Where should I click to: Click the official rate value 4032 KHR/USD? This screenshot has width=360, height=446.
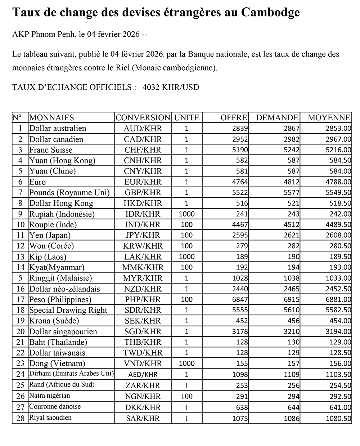[x=171, y=87]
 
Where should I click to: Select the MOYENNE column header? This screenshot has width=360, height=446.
[x=329, y=117]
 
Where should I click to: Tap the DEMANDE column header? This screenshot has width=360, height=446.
[x=277, y=117]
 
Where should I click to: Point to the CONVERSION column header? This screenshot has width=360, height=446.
[x=143, y=117]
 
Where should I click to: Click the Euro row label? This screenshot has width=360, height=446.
[x=37, y=182]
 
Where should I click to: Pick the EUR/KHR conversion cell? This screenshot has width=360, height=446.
[x=143, y=182]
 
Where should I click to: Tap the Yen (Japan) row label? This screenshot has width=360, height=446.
[x=50, y=235]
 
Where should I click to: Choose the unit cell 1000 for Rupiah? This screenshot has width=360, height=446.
[x=186, y=214]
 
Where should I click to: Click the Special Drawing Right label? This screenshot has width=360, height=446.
[x=68, y=310]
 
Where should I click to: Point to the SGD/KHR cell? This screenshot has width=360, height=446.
[x=143, y=331]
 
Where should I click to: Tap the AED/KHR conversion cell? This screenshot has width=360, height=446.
[x=143, y=374]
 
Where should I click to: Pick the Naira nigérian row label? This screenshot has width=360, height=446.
[x=49, y=396]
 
